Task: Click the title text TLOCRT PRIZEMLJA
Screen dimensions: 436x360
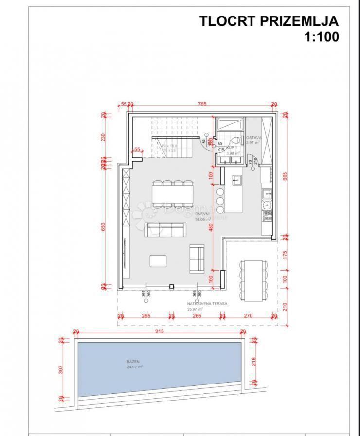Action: pos(269,21)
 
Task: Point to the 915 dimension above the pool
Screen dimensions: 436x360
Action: pos(160,331)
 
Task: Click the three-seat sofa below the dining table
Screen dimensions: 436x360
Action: pos(165,229)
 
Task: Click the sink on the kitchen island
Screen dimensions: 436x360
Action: pos(236,180)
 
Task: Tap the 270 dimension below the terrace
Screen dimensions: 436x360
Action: pos(249,316)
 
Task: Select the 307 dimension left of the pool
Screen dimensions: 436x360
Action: pos(61,369)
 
